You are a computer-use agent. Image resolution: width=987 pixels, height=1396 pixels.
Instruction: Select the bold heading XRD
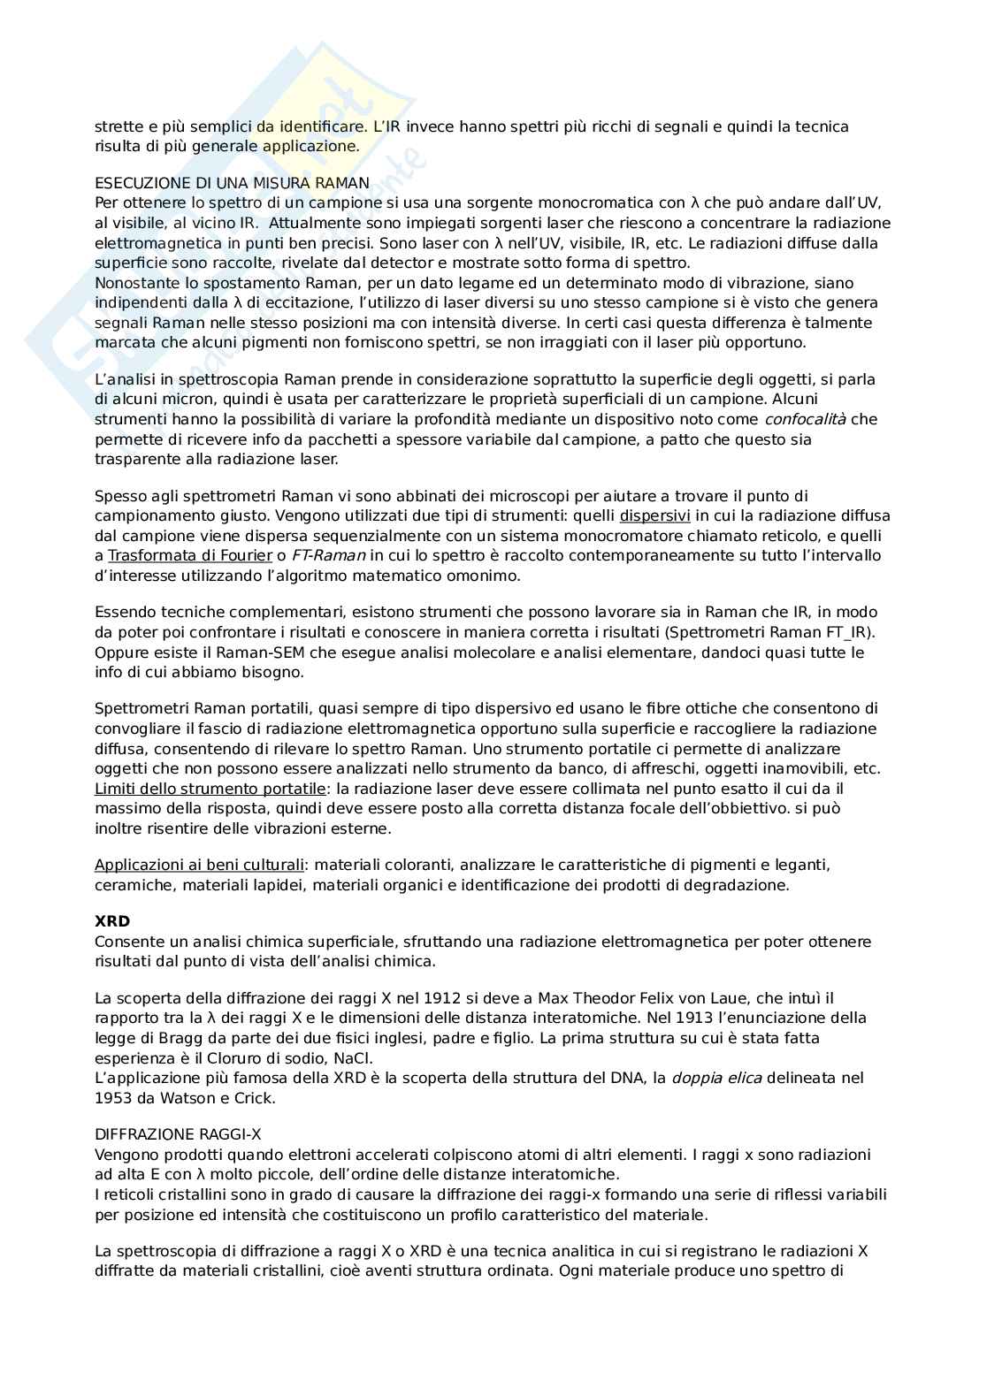coord(112,921)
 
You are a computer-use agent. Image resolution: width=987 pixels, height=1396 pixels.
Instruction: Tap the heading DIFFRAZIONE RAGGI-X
coord(178,1134)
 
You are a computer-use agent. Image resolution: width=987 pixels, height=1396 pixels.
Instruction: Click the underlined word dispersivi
coord(654,515)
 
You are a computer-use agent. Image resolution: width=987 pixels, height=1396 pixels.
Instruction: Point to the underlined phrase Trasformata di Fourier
coord(189,555)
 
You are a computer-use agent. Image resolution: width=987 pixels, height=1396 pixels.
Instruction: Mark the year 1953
coord(112,1098)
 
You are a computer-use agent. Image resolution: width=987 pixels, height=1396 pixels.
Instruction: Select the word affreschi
coord(641,768)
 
